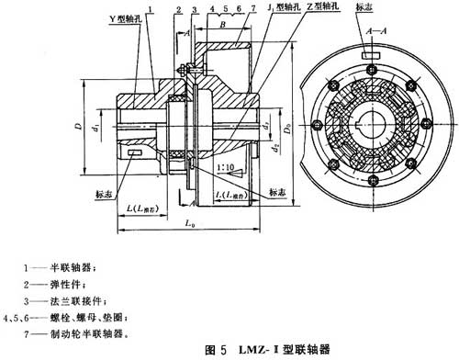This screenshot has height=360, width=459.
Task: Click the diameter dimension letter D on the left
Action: pyautogui.click(x=81, y=118)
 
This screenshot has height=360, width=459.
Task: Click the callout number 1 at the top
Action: pyautogui.click(x=151, y=9)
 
